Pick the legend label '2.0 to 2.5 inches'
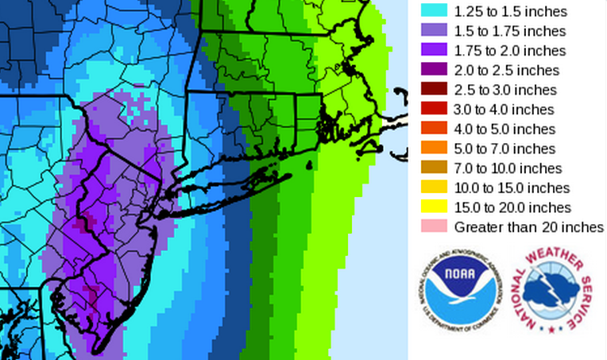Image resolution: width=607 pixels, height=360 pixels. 505,70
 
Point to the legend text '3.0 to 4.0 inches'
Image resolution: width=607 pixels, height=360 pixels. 504,109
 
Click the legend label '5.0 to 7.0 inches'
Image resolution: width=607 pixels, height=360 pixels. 504,149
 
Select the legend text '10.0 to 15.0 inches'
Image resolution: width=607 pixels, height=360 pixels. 512,188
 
